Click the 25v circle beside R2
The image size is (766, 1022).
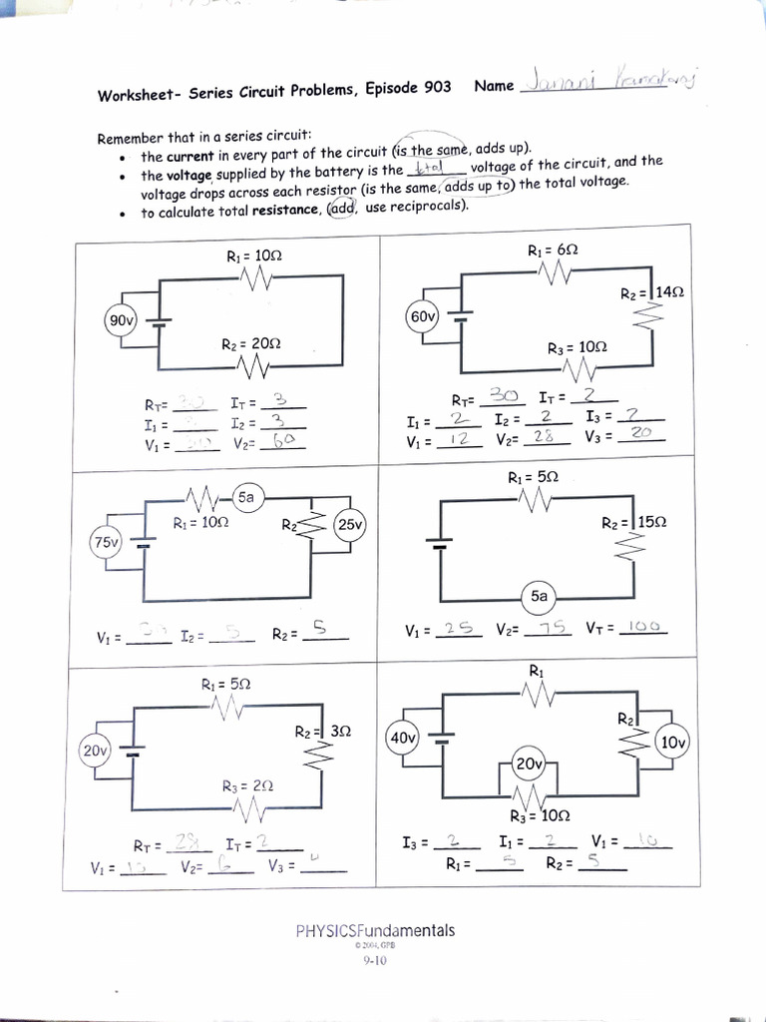click(x=350, y=523)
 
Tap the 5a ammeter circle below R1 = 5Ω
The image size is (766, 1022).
click(x=539, y=596)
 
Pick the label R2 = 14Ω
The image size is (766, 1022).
click(x=652, y=293)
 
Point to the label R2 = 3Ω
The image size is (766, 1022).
click(x=322, y=732)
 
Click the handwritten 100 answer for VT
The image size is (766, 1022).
click(x=644, y=627)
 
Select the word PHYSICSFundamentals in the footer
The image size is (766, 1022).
click(x=375, y=930)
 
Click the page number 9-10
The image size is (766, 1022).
click(x=374, y=961)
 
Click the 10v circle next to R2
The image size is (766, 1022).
click(x=673, y=743)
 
